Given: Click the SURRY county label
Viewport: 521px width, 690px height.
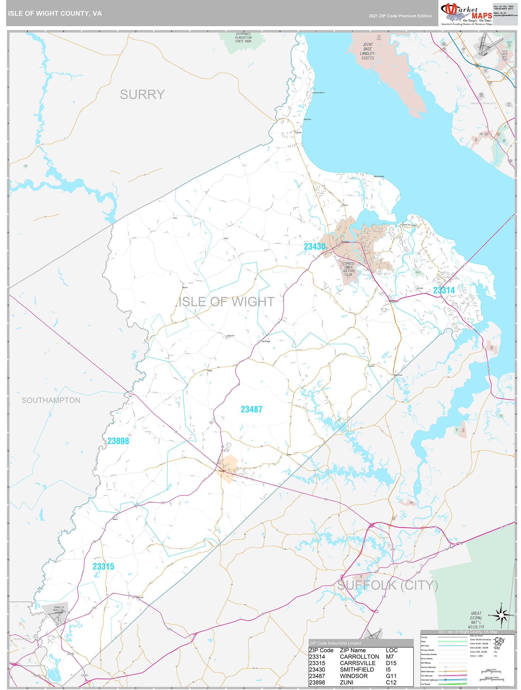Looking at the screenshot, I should tap(142, 94).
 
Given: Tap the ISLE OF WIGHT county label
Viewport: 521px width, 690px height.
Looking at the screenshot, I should tap(226, 302).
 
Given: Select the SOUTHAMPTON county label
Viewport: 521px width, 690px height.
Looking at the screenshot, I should tap(51, 400).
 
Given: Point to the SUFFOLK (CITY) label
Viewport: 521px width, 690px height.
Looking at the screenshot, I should tap(387, 585).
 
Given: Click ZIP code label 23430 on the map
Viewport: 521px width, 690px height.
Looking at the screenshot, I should tap(315, 247).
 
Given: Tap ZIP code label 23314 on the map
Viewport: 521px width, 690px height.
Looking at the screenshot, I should tap(443, 290).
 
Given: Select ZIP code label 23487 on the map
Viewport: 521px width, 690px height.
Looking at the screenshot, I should tap(251, 409).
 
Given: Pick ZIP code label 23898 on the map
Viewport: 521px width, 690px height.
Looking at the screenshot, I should tap(118, 441).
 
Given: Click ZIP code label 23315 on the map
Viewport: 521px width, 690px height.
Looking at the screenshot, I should tap(103, 567).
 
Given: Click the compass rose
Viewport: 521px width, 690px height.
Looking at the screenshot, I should tap(501, 615).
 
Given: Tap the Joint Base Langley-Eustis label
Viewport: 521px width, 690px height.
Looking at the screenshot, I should tap(368, 51).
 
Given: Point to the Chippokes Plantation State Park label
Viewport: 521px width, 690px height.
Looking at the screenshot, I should tap(243, 38).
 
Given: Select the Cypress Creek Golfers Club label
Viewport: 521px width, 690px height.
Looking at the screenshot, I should tap(349, 269).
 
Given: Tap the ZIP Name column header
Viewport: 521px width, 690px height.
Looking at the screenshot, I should tap(353, 650).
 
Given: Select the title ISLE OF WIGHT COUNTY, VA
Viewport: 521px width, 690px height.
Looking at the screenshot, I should tap(55, 14).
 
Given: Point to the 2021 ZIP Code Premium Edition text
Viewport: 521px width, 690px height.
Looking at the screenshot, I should tap(400, 16).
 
